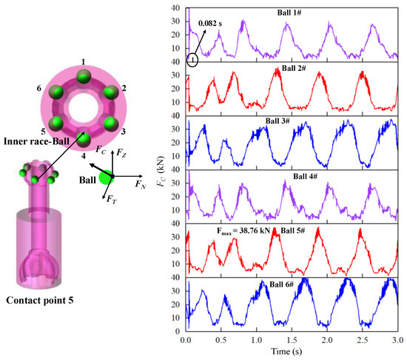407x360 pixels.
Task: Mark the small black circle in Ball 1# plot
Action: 192,61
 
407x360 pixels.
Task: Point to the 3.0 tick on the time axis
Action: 397,341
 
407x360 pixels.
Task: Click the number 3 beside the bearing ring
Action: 123,132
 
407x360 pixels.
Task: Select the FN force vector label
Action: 141,186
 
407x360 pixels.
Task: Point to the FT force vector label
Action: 111,200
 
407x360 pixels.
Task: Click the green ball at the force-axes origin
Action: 108,177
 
